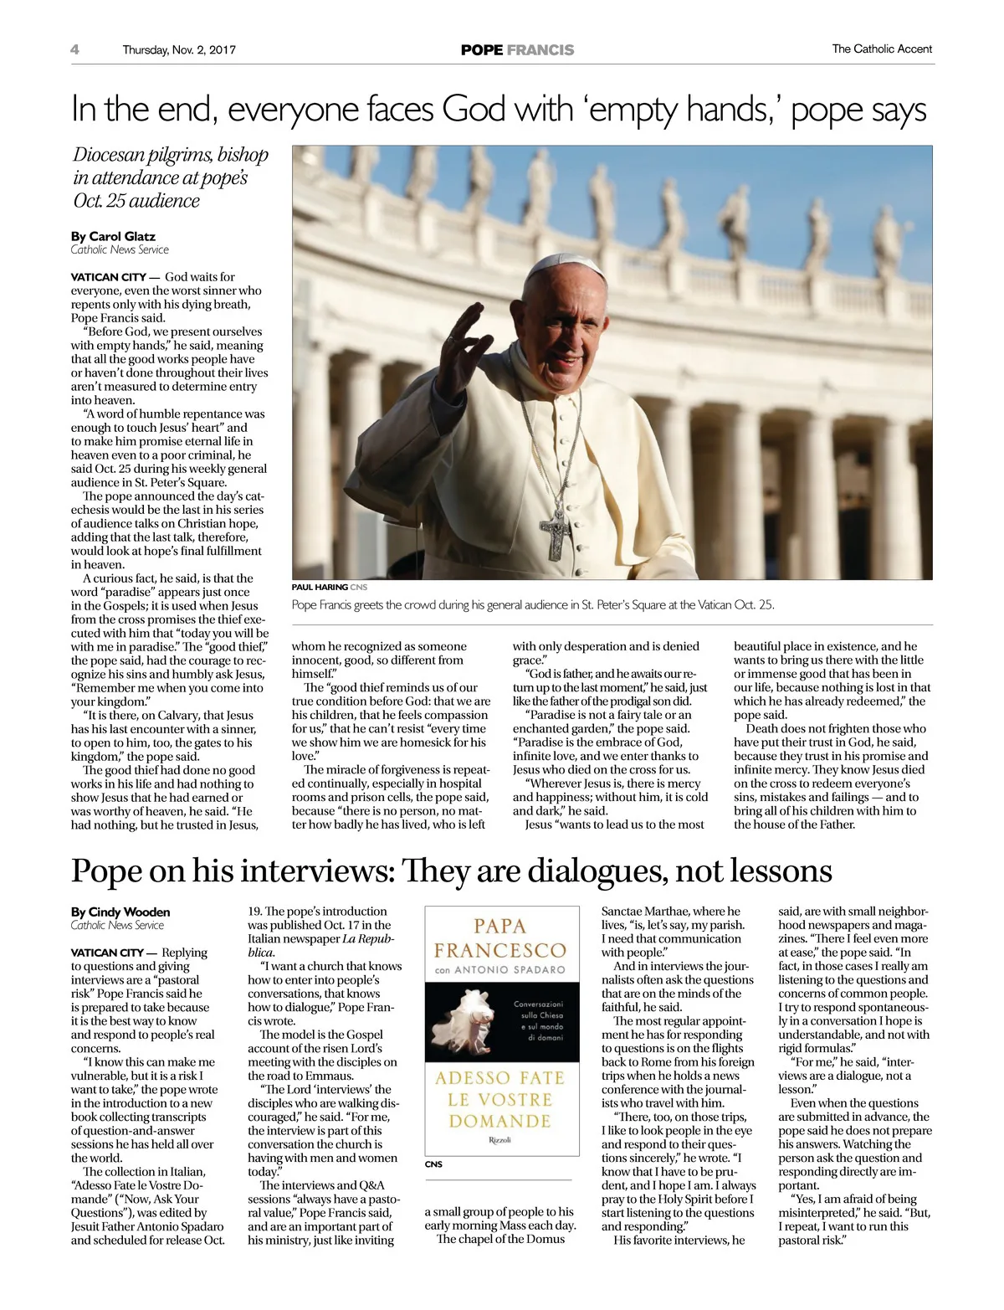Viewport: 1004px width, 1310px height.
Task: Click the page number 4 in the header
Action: click(x=75, y=49)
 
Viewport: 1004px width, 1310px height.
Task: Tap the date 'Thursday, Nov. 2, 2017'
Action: click(x=179, y=49)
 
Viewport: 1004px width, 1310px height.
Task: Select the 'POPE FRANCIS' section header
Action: click(x=517, y=50)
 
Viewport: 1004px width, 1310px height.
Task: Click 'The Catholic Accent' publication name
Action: click(x=882, y=49)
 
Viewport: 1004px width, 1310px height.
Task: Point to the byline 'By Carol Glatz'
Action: click(x=113, y=236)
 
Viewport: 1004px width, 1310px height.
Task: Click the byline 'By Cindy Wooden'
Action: click(x=120, y=912)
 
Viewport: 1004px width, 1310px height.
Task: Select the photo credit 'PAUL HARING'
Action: click(x=320, y=588)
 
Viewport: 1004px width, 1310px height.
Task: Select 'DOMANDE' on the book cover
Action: click(x=499, y=1121)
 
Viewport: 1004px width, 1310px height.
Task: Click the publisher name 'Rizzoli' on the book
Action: click(x=499, y=1140)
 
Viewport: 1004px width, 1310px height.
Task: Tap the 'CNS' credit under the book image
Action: click(x=433, y=1164)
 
